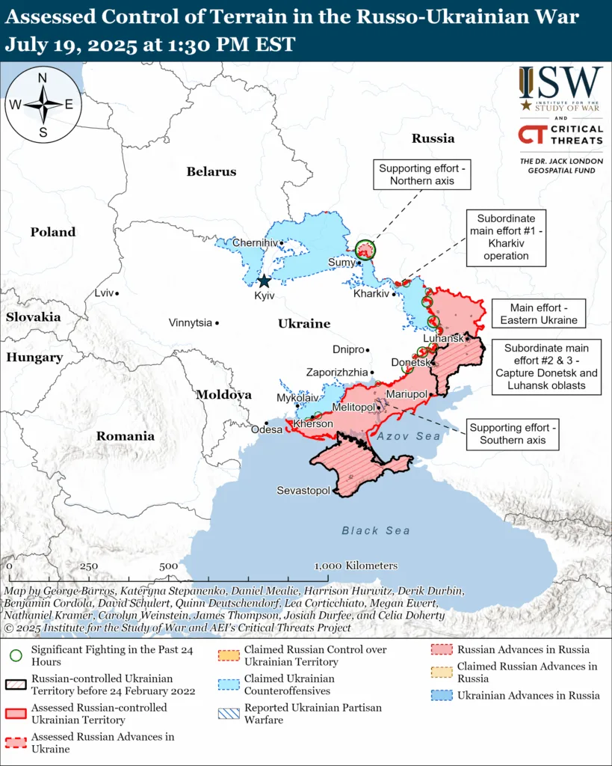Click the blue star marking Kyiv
(x=264, y=281)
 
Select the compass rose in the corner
(x=43, y=103)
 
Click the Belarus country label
(x=211, y=171)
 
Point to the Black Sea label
(x=376, y=530)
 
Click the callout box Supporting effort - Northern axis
(x=424, y=174)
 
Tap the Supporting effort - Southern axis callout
(x=513, y=434)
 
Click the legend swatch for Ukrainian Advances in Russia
(x=442, y=696)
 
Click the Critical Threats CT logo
(x=531, y=135)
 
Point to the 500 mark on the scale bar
(x=168, y=566)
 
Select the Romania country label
(x=125, y=436)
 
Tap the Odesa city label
(x=267, y=429)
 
